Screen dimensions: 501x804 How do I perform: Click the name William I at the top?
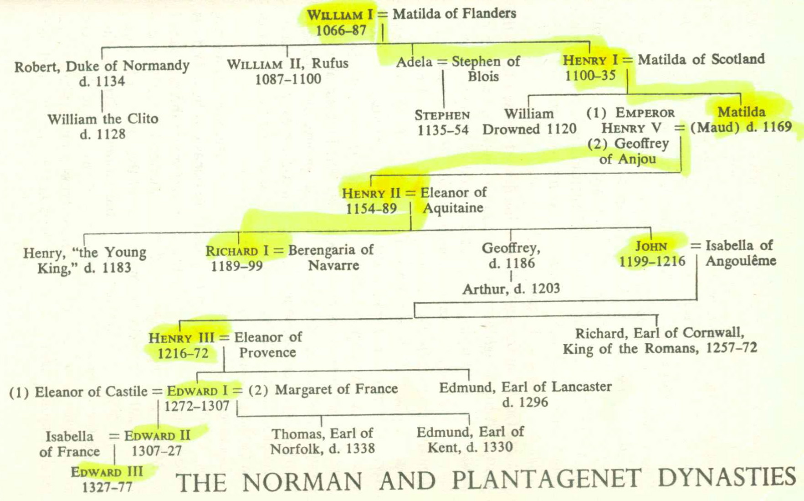[339, 15]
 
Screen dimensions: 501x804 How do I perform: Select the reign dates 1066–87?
[341, 31]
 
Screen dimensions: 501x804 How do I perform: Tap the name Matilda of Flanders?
[454, 14]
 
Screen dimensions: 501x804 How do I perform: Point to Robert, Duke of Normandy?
[102, 66]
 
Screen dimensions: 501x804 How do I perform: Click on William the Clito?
[102, 119]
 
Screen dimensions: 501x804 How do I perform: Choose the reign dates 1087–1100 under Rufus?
[288, 79]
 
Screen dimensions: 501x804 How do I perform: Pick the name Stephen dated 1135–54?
[442, 115]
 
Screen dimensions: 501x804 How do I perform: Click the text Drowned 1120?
[529, 129]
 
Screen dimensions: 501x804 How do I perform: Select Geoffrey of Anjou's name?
[628, 151]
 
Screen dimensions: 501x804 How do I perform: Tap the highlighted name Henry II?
[371, 193]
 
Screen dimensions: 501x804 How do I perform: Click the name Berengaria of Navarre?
[331, 257]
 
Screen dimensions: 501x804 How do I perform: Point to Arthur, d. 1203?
[511, 289]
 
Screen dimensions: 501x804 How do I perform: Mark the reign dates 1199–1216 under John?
[652, 261]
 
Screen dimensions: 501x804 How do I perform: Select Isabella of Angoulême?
[740, 253]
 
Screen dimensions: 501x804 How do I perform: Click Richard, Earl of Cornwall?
[660, 333]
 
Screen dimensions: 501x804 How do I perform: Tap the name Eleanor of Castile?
[91, 392]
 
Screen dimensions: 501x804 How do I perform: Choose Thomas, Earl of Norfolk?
[323, 441]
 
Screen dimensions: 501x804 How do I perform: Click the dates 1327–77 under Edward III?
[107, 487]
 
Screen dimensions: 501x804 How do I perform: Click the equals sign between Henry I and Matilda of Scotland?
[628, 60]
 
